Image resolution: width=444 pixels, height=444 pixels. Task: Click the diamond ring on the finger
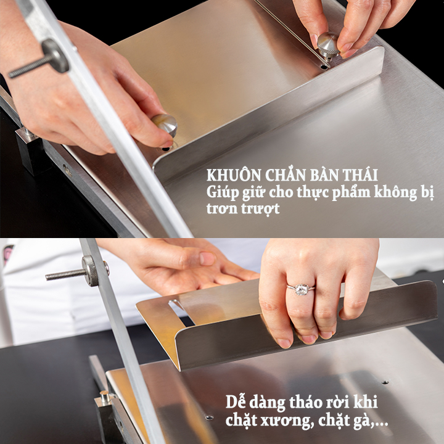click(301, 289)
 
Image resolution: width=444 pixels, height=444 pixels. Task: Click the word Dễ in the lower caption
click(234, 401)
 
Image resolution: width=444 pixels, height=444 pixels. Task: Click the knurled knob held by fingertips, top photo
click(328, 44)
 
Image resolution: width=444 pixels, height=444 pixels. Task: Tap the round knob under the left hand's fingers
click(165, 125)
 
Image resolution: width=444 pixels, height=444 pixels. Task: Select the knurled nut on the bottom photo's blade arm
click(90, 271)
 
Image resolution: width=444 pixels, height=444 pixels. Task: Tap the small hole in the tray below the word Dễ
click(209, 417)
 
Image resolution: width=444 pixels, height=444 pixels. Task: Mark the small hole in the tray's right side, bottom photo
click(385, 382)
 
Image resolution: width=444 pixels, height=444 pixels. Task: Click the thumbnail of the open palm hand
click(207, 258)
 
